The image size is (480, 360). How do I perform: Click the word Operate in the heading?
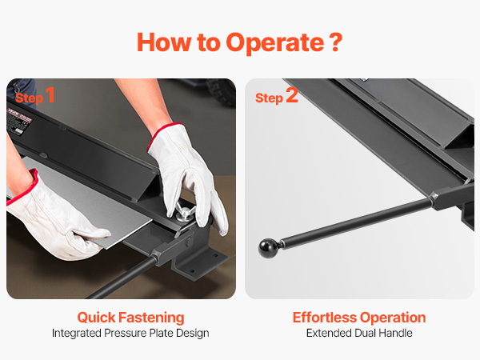[275, 43]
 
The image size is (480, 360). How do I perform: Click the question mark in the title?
[337, 42]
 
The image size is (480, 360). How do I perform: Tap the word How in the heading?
[163, 42]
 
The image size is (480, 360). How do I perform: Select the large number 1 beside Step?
[50, 94]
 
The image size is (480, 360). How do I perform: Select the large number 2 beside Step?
[292, 95]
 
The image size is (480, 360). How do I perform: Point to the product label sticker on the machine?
[19, 119]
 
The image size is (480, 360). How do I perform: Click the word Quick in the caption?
[96, 318]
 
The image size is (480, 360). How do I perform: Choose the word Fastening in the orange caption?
[151, 318]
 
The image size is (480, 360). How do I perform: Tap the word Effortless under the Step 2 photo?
[325, 318]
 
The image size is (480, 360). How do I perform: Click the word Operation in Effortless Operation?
[393, 318]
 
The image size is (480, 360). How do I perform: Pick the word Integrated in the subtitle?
[77, 333]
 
